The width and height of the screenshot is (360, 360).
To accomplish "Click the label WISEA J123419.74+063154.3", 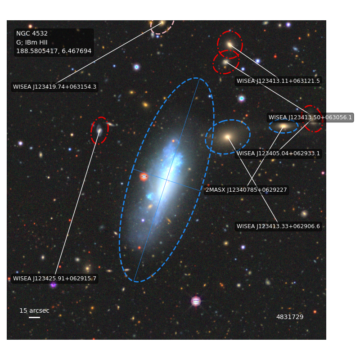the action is [x=54, y=87].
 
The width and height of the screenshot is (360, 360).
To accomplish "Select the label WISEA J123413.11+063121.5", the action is [x=278, y=81].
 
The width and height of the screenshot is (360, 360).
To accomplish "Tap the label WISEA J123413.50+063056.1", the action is [x=310, y=117].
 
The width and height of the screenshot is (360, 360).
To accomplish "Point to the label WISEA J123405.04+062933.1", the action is [x=278, y=153].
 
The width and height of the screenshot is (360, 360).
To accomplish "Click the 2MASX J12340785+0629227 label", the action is [x=246, y=190].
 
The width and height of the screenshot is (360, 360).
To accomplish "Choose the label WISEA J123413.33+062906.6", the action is [x=278, y=226].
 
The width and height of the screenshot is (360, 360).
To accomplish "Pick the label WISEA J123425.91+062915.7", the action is [x=54, y=279].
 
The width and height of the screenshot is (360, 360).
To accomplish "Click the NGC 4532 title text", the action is [x=32, y=33].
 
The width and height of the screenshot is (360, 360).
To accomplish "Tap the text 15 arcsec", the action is [x=35, y=310].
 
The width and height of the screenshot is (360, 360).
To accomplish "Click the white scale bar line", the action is [x=35, y=318].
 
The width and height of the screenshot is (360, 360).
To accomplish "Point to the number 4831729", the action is [x=290, y=317].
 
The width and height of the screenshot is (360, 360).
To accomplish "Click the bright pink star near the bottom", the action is [x=196, y=301].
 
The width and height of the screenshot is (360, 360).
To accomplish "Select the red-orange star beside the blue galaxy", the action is [x=144, y=176].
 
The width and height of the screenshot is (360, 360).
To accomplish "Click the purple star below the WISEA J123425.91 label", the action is [x=53, y=285].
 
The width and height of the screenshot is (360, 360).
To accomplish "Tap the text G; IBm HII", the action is [x=31, y=42].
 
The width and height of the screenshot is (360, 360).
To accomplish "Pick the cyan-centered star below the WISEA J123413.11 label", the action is [x=242, y=99].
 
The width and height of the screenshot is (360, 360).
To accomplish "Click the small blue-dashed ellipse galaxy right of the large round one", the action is [x=283, y=126].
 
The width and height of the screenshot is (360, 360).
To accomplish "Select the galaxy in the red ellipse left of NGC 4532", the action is [x=99, y=130].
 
